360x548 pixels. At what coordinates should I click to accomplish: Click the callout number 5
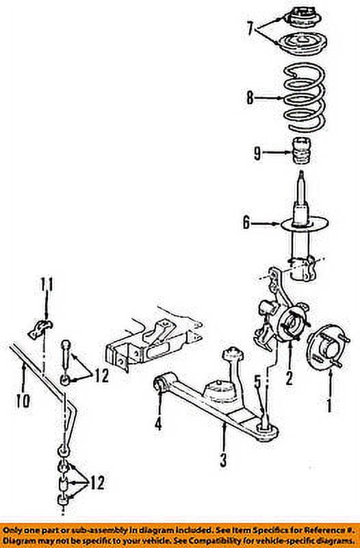pos(257,382)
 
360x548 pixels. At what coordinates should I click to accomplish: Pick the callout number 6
pos(246,222)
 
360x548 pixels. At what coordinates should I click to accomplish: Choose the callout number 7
pos(250,28)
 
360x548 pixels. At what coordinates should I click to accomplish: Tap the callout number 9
pos(257,153)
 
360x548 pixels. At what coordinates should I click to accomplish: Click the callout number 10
pos(25,399)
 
